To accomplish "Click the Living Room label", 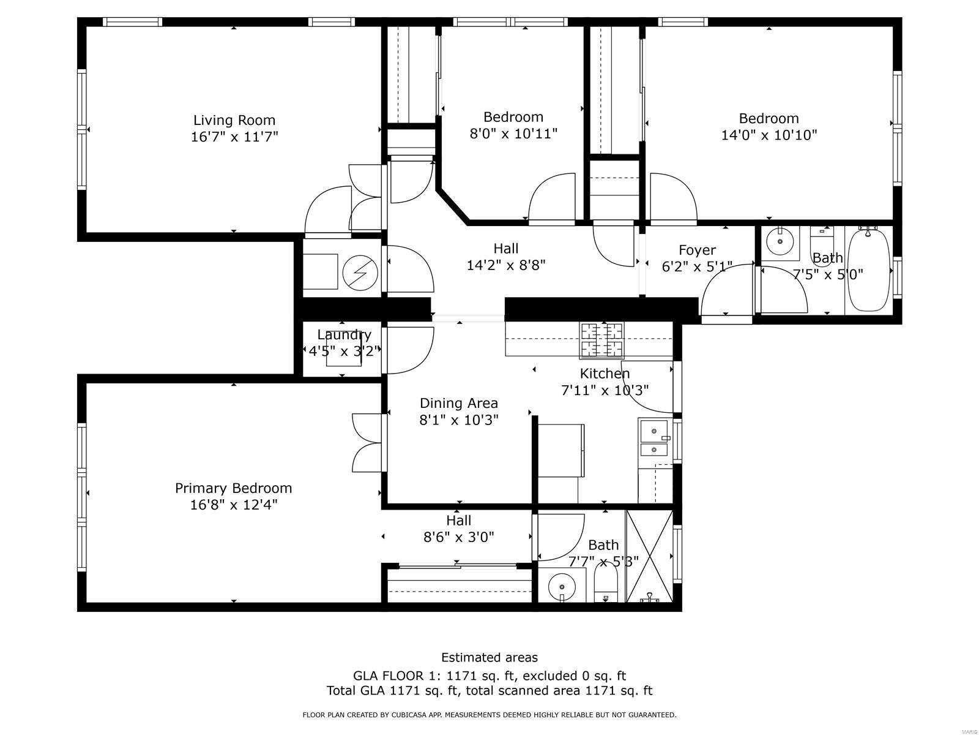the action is [234, 120].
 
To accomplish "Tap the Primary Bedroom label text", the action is [233, 488].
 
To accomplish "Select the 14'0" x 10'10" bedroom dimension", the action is [769, 135].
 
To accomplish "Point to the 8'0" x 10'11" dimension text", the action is [513, 134].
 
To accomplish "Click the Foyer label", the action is [697, 250].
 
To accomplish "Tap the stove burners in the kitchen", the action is [602, 340].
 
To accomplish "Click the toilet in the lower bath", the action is [606, 584].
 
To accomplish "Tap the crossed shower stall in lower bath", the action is [649, 556].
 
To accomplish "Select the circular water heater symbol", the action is [360, 272].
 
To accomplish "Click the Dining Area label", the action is [458, 404].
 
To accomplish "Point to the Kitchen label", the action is [605, 374].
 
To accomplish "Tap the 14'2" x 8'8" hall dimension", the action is [506, 266].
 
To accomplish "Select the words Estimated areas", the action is [489, 657].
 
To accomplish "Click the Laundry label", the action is [344, 334].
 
